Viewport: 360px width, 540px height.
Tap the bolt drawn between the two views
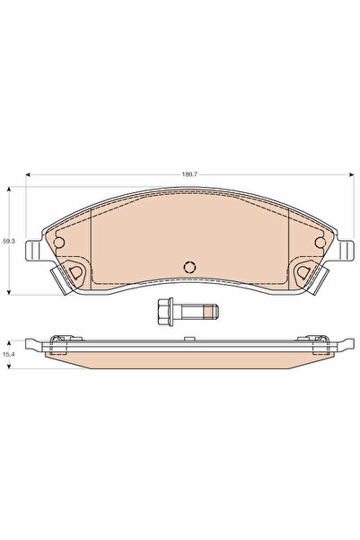[x=183, y=313]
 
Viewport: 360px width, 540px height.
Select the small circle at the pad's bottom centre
[x=189, y=267]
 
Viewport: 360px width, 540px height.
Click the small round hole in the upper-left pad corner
[x=61, y=240]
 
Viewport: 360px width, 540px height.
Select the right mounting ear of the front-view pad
[x=342, y=254]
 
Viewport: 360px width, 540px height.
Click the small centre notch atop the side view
[x=188, y=339]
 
